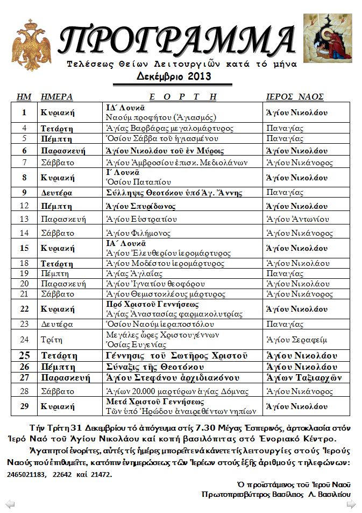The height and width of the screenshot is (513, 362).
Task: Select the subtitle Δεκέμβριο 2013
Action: [x=173, y=76]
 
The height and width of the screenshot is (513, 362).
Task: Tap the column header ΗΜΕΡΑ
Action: [x=56, y=97]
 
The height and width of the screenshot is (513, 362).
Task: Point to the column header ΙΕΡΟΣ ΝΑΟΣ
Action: [x=295, y=97]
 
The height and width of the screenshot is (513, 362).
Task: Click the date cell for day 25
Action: [x=25, y=356]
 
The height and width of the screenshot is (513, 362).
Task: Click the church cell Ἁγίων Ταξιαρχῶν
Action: [x=304, y=378]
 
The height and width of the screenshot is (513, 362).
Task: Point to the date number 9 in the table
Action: [x=25, y=192]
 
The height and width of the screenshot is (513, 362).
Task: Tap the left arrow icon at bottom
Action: [x=10, y=504]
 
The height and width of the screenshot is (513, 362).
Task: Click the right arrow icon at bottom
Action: [x=351, y=504]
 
